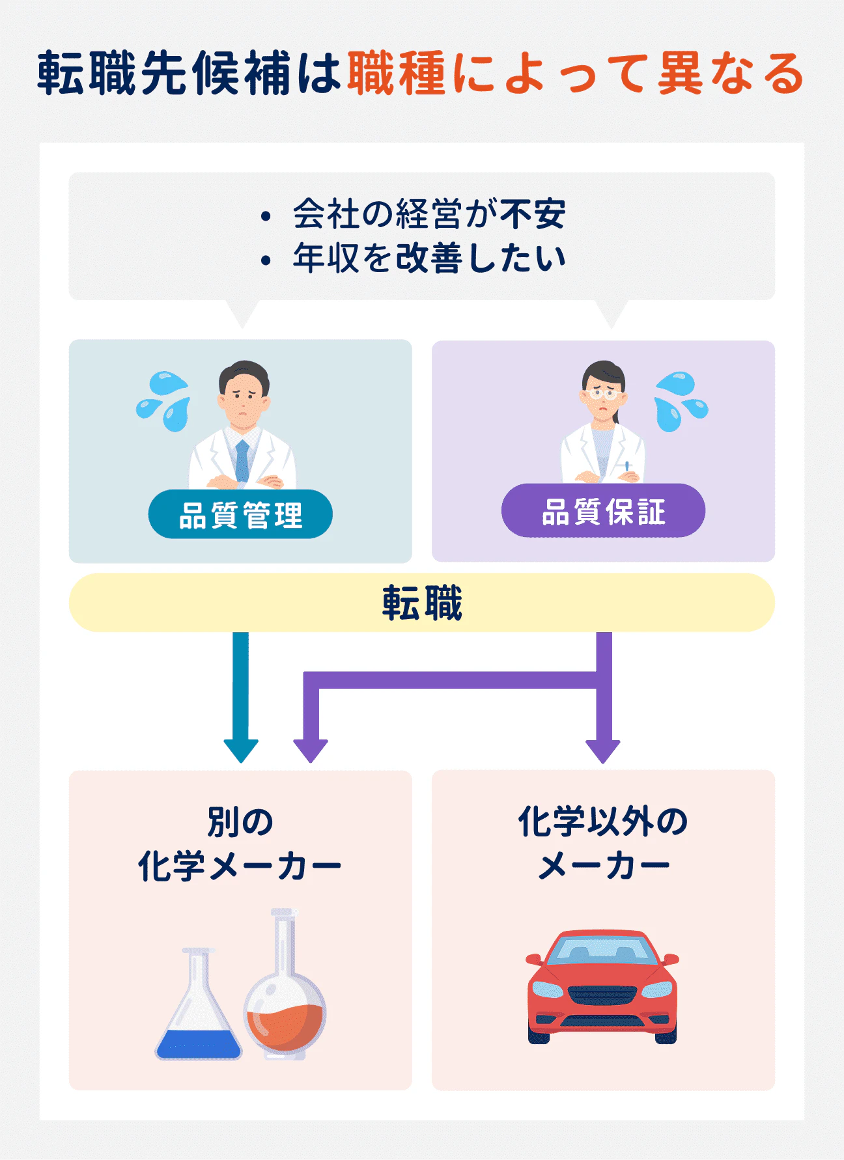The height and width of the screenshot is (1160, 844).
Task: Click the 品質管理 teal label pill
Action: [x=240, y=515]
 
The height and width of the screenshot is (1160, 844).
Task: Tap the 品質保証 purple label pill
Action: [x=603, y=511]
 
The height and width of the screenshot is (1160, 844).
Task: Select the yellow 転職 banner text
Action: [x=422, y=603]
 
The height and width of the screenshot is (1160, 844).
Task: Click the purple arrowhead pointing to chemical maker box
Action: [x=311, y=751]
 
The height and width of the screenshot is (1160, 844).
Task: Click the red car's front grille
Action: [x=602, y=995]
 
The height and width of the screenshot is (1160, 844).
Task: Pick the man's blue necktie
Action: [x=242, y=460]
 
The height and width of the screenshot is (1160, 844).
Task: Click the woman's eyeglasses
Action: [x=603, y=393]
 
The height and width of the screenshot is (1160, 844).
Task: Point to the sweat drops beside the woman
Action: [x=680, y=401]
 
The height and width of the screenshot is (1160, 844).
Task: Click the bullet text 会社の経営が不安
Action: [x=429, y=214]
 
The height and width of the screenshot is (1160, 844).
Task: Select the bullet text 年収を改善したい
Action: [x=429, y=258]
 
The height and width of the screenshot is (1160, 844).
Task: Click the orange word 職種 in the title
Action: [x=397, y=73]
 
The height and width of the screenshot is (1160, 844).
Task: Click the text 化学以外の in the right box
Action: [x=603, y=822]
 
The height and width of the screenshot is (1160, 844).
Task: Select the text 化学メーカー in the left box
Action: [x=240, y=866]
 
